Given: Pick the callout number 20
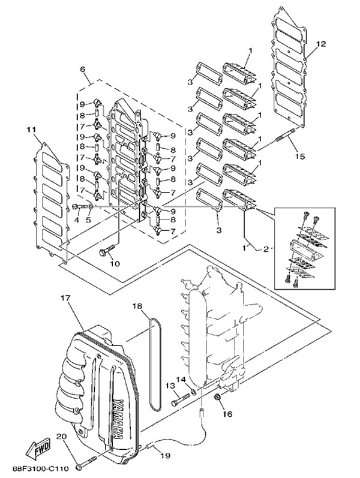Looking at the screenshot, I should (61, 437).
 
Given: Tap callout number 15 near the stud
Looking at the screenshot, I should (300, 157).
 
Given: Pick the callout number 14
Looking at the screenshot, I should (181, 379).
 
